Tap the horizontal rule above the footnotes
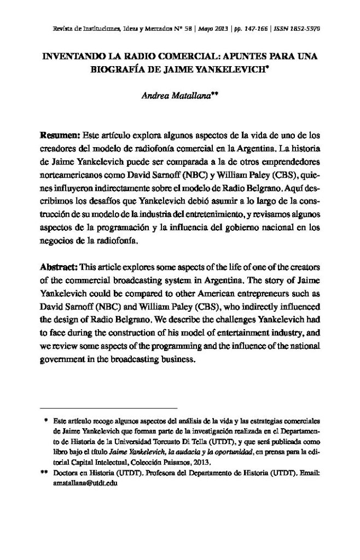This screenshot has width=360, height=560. (x=109, y=409)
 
